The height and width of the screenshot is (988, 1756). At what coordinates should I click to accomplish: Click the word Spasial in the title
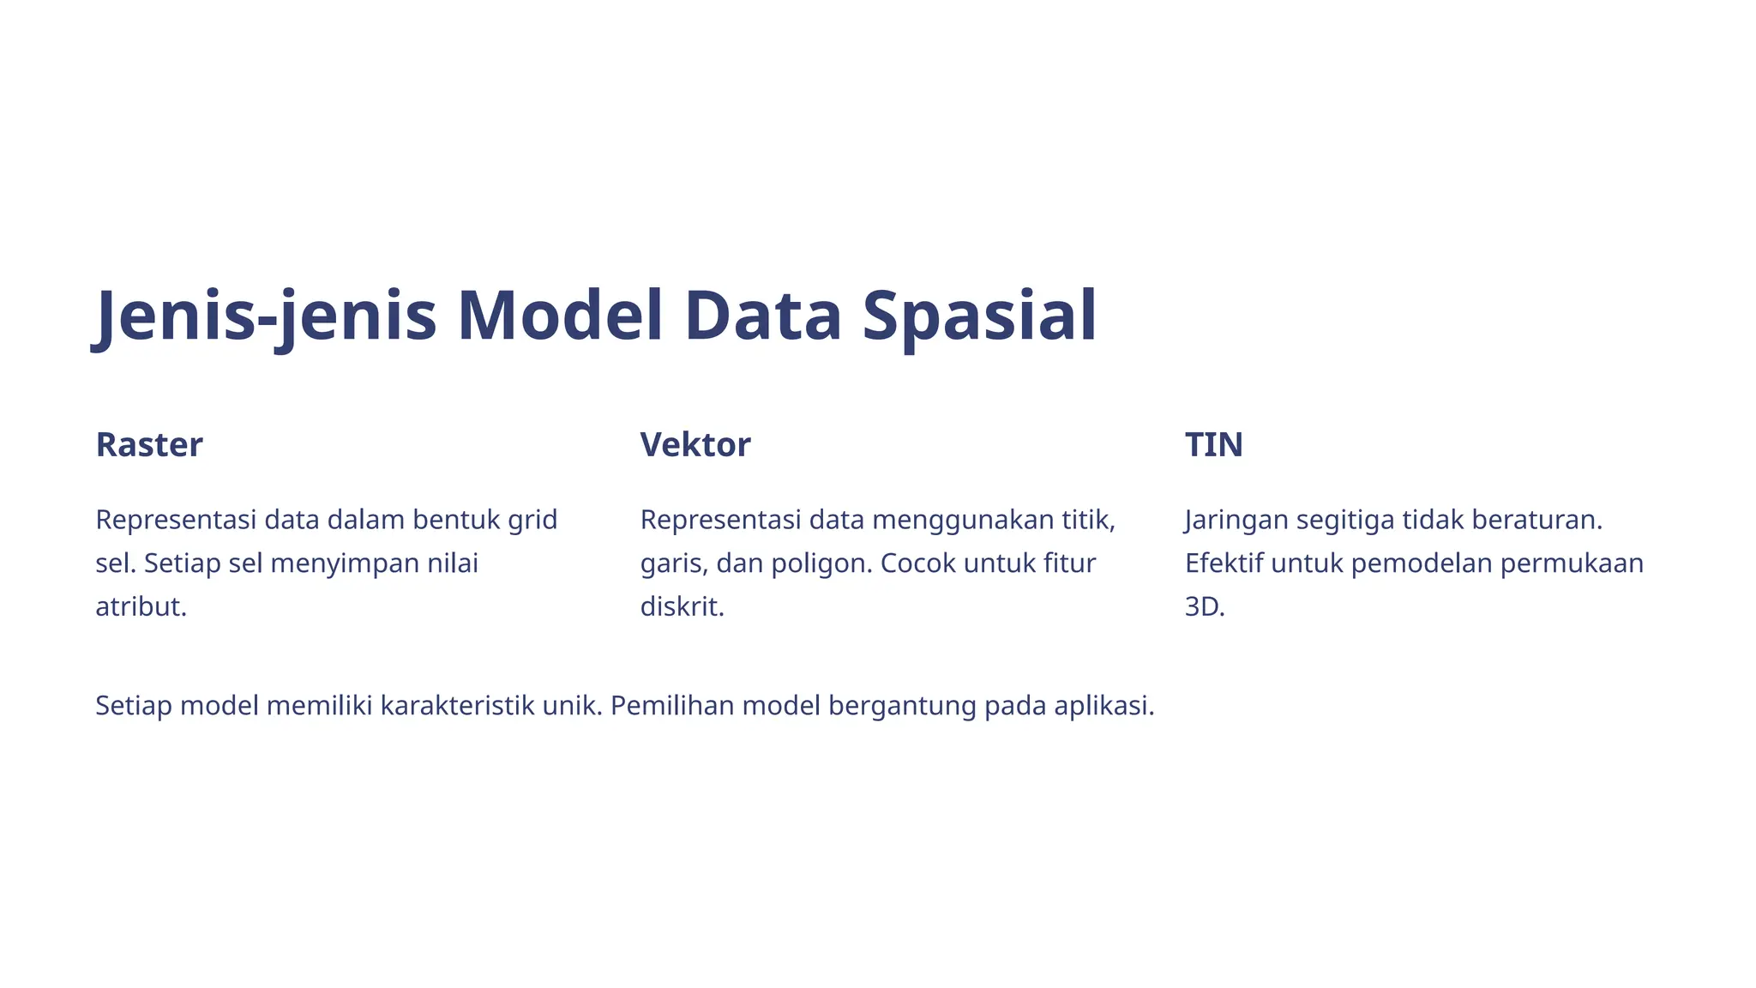[x=979, y=316]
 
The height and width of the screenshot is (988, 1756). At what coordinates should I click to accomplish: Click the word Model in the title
[x=560, y=316]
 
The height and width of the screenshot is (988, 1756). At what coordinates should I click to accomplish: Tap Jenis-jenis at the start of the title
[x=265, y=316]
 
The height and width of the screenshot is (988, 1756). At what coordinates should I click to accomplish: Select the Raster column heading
[x=149, y=444]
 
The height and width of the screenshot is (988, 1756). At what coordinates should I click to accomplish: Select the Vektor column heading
[x=695, y=444]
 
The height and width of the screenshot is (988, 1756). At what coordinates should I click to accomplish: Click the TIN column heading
[x=1213, y=444]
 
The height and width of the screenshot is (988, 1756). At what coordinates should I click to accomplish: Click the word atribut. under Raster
[x=141, y=606]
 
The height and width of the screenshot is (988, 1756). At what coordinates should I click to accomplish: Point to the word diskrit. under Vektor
[x=683, y=606]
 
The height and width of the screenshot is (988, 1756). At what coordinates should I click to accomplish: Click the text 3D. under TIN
[x=1205, y=606]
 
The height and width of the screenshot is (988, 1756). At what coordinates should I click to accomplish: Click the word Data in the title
[x=762, y=316]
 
